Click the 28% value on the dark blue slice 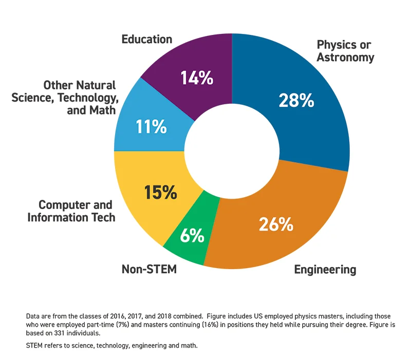(x=296, y=100)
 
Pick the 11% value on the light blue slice (x=151, y=126)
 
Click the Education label (x=146, y=39)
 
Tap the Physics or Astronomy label (x=345, y=50)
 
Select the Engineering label (x=325, y=269)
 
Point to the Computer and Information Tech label (x=71, y=211)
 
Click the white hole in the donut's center (x=232, y=151)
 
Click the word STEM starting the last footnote (x=34, y=346)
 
